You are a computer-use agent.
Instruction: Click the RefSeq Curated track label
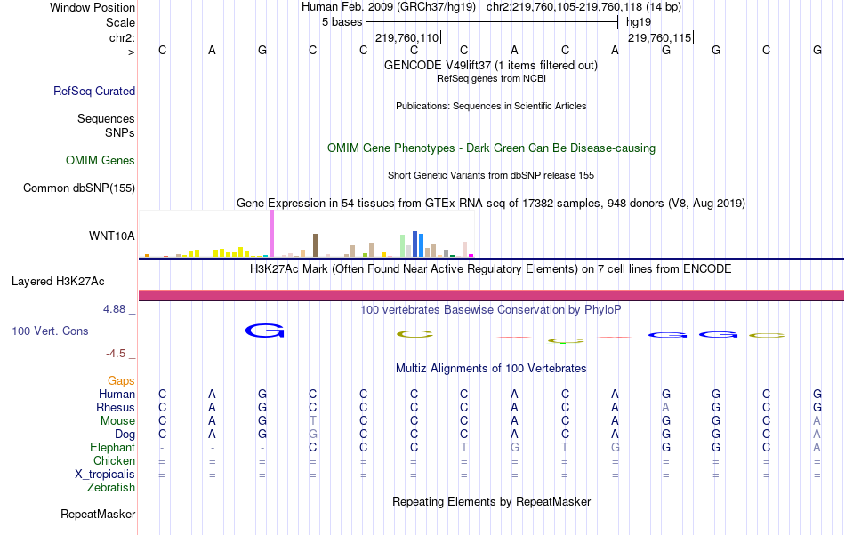point(94,91)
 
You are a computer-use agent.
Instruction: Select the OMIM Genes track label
point(101,161)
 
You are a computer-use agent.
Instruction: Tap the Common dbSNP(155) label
point(79,188)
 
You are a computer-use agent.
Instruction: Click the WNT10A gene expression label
point(112,236)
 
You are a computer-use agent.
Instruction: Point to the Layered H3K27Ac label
point(58,282)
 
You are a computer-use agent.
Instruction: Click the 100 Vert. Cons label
point(50,331)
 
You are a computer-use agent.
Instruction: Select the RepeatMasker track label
point(98,514)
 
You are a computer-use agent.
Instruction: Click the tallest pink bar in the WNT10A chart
point(271,235)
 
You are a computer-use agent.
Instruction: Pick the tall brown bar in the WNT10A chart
point(315,244)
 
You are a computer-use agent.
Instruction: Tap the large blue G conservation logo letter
point(264,331)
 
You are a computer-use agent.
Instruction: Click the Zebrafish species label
point(111,487)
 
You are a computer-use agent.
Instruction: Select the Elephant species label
point(112,447)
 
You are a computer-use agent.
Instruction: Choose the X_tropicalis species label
point(105,474)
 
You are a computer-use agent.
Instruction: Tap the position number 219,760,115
point(659,38)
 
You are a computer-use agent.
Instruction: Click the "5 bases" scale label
point(341,21)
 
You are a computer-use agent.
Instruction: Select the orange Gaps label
point(121,380)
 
